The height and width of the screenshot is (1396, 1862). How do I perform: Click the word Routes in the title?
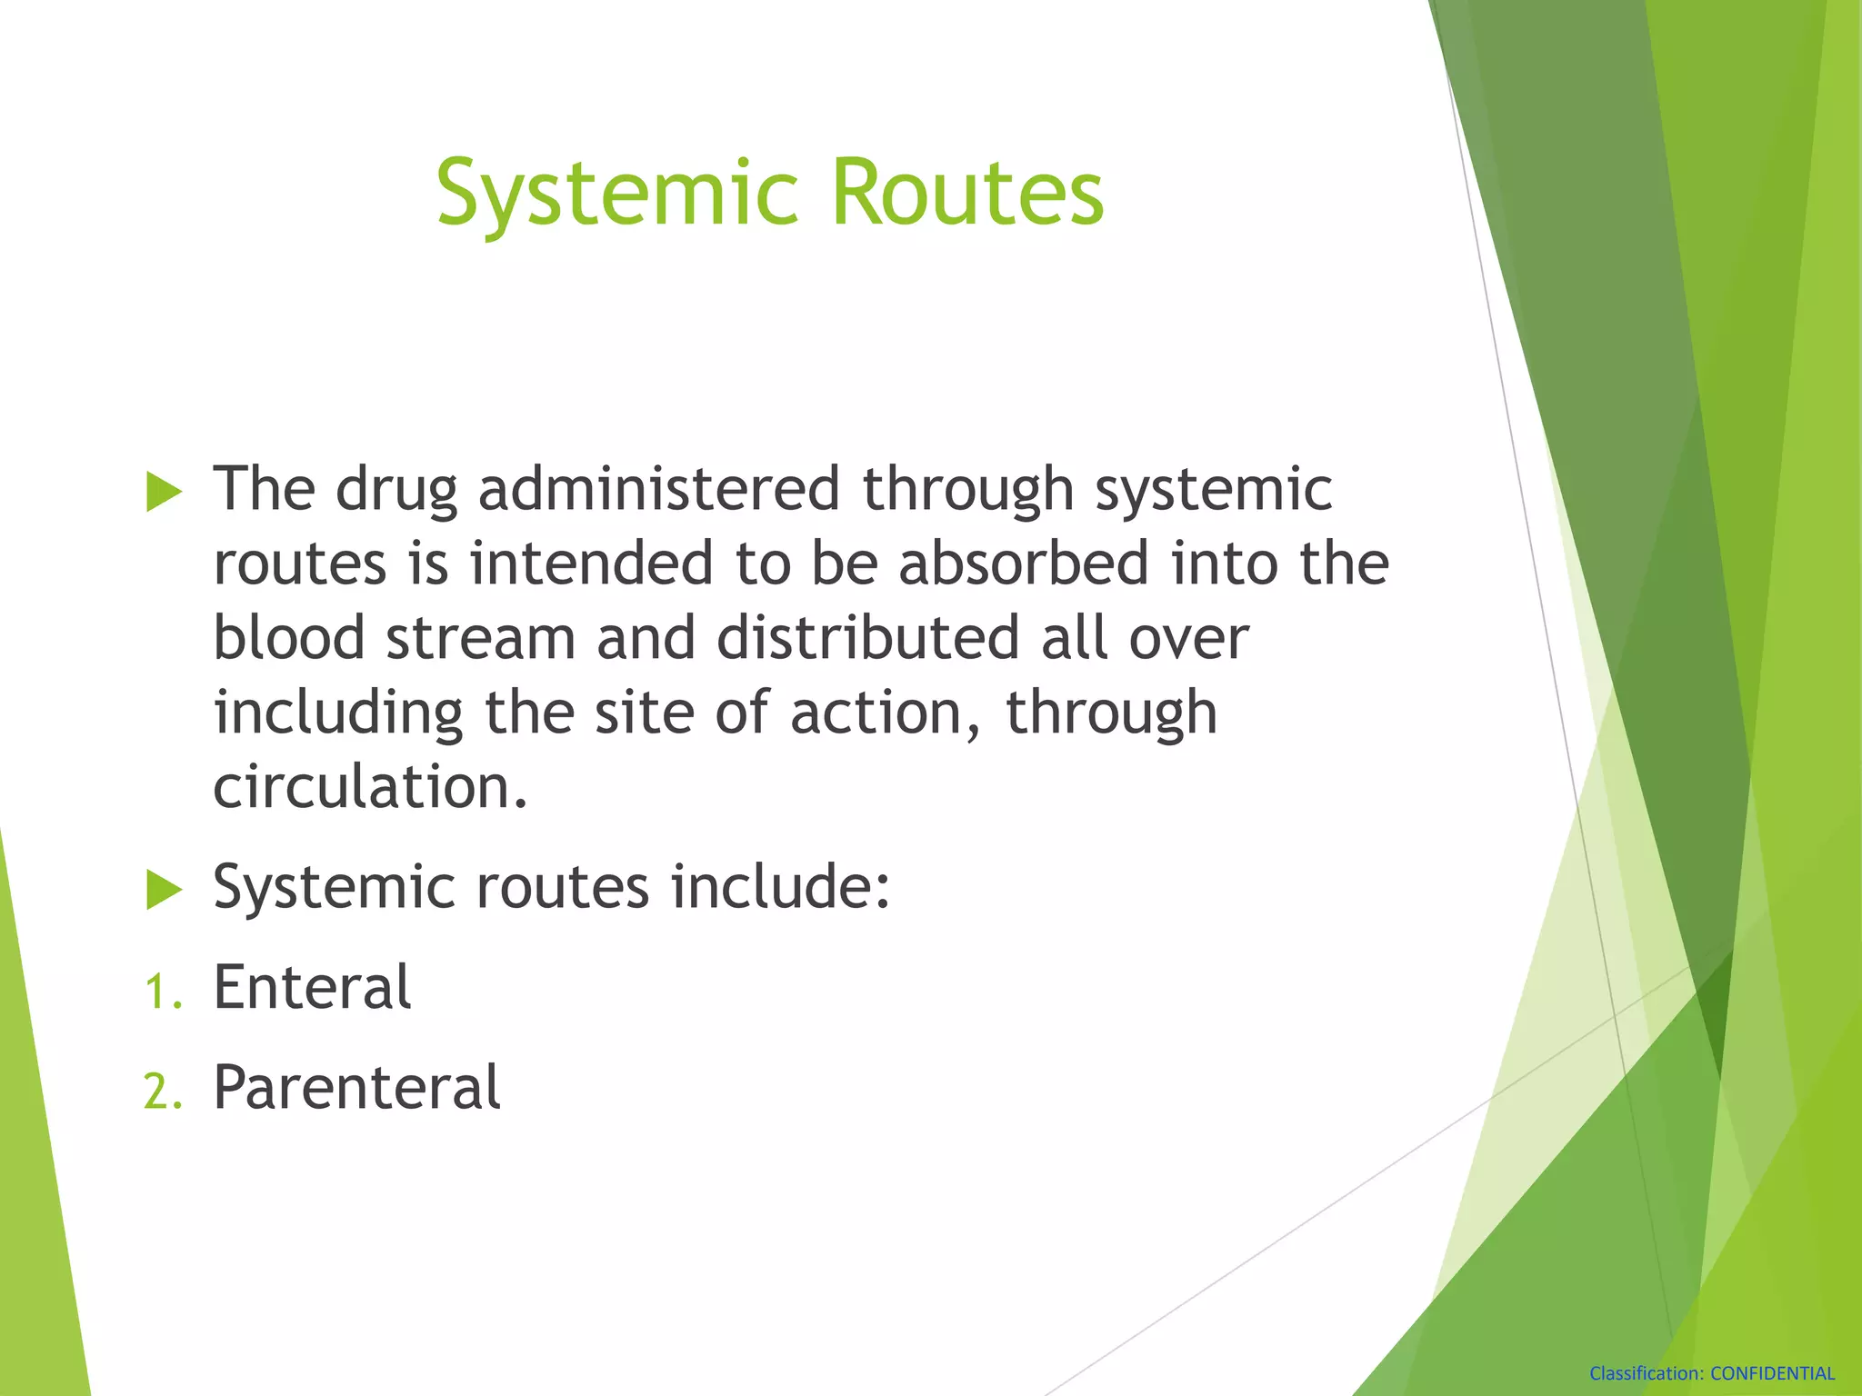pos(967,193)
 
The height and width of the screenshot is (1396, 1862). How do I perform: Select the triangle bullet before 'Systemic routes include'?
pos(164,889)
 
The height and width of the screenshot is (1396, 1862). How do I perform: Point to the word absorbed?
pos(1024,563)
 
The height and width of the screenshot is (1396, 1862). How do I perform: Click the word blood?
pos(288,638)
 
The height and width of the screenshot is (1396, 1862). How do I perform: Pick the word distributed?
pos(867,638)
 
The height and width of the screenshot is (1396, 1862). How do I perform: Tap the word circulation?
pos(368,787)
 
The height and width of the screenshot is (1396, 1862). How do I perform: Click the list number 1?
pos(162,992)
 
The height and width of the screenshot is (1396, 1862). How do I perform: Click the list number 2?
pos(162,1092)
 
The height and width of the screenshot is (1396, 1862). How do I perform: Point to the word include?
pos(780,887)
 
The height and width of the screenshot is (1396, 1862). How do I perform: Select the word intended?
pos(591,563)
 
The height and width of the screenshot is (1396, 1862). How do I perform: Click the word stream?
pos(480,638)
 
